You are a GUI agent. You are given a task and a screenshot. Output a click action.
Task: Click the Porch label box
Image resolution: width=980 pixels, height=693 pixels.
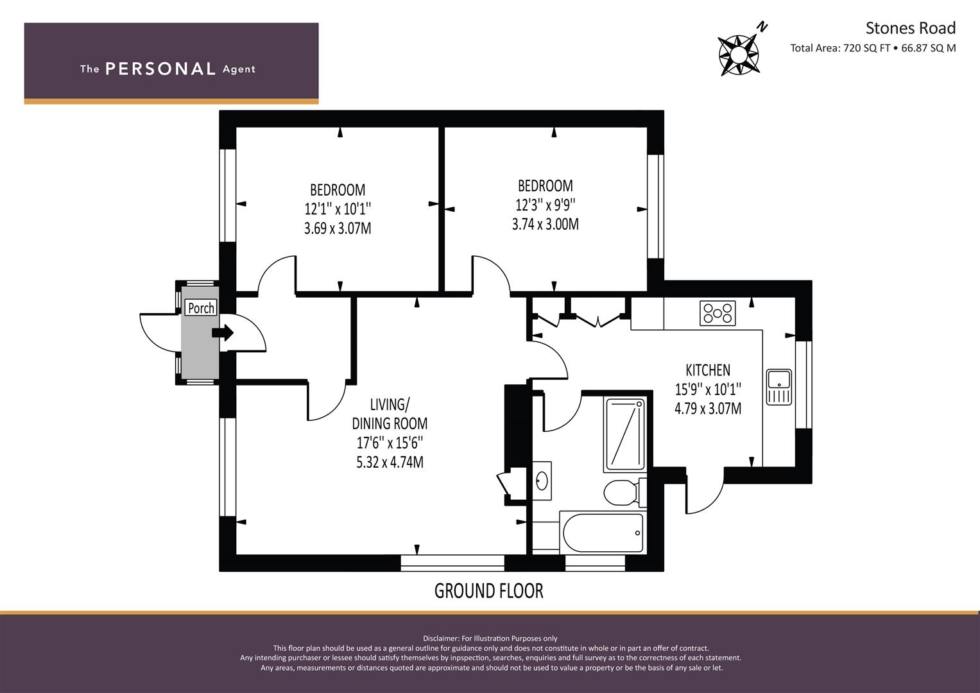(x=201, y=307)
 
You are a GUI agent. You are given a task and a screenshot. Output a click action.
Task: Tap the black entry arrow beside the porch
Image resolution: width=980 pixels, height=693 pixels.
(x=223, y=333)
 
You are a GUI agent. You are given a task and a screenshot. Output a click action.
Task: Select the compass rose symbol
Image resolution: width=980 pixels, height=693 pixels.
(x=739, y=55)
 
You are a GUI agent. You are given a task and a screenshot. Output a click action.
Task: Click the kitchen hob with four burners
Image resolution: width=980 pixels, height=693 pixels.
(x=718, y=313)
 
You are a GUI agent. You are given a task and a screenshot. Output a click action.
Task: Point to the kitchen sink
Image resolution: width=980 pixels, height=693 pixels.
(x=778, y=387)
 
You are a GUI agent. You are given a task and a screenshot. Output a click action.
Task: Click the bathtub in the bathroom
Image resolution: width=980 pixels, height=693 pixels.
(x=603, y=533)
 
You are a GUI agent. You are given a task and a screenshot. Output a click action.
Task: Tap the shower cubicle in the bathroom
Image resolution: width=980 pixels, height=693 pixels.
(x=624, y=434)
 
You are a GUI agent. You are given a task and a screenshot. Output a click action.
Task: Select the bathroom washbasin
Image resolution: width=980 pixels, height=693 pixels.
(x=542, y=481)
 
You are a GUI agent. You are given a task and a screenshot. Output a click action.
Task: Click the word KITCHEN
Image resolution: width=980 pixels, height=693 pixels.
(x=707, y=371)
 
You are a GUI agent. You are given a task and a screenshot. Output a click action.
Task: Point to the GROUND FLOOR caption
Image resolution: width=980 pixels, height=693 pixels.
(x=488, y=591)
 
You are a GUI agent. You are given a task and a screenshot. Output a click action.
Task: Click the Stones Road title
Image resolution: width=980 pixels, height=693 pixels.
(x=911, y=28)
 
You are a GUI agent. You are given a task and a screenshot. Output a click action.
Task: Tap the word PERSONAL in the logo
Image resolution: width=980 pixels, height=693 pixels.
(x=160, y=69)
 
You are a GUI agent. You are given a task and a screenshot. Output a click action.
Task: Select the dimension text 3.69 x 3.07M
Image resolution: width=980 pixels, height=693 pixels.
(x=338, y=228)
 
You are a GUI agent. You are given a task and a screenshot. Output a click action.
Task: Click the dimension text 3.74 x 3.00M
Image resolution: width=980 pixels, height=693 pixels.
(x=545, y=224)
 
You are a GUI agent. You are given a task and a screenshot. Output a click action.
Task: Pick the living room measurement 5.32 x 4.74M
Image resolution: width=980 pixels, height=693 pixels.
(x=390, y=463)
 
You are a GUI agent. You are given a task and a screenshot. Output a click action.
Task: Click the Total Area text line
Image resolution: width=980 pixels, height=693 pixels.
(x=873, y=48)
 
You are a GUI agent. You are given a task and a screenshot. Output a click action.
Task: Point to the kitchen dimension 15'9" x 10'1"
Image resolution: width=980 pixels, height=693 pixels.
(x=707, y=389)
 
